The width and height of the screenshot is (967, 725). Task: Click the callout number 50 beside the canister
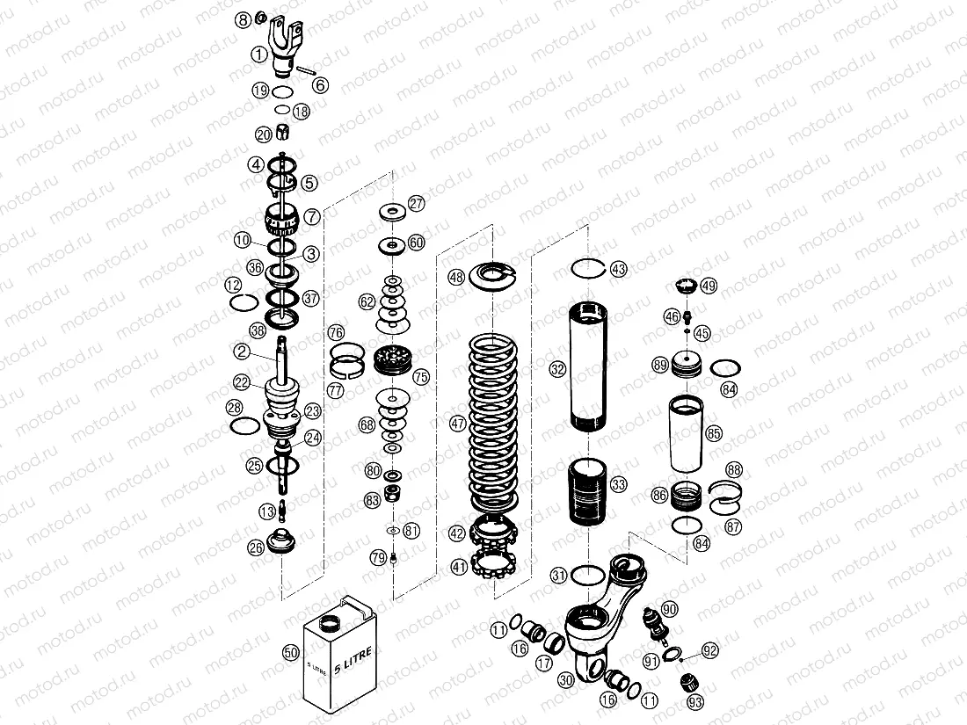(x=291, y=652)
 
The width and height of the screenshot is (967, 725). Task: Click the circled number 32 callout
(x=557, y=369)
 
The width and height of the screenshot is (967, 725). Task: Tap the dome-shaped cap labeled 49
(x=686, y=286)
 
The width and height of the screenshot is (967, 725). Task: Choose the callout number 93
(x=696, y=702)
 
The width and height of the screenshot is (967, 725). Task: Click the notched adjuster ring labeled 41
(x=497, y=562)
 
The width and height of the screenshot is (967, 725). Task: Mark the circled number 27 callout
(x=415, y=203)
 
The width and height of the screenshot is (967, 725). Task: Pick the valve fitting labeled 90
(x=655, y=621)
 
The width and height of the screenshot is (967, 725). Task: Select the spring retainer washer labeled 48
(x=496, y=274)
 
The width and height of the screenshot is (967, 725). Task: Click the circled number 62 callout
(x=367, y=301)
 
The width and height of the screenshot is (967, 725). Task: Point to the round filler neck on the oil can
(x=331, y=624)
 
